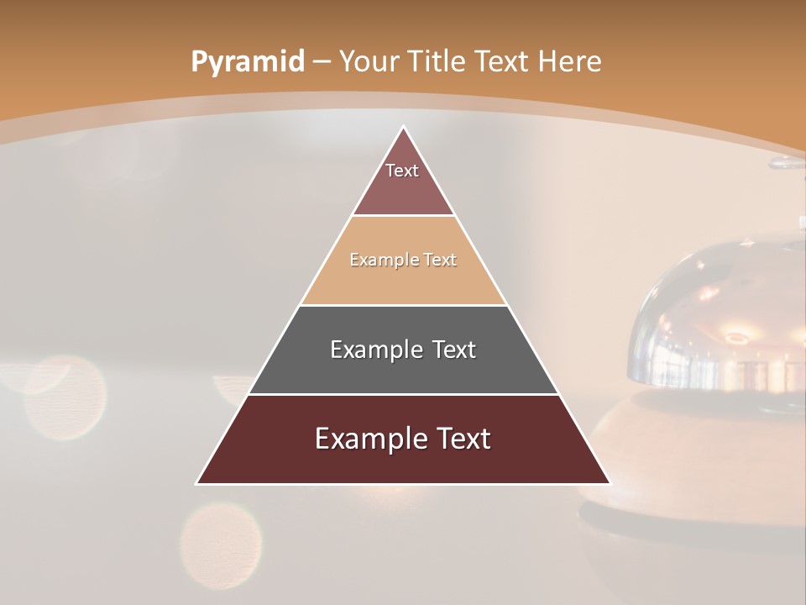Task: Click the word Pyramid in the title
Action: (248, 62)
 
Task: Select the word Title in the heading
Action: (438, 62)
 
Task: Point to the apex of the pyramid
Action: (403, 127)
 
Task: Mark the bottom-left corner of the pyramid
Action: (197, 483)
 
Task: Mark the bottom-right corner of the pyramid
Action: (610, 483)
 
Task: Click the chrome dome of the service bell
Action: (714, 319)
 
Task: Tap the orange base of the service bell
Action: (672, 454)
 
